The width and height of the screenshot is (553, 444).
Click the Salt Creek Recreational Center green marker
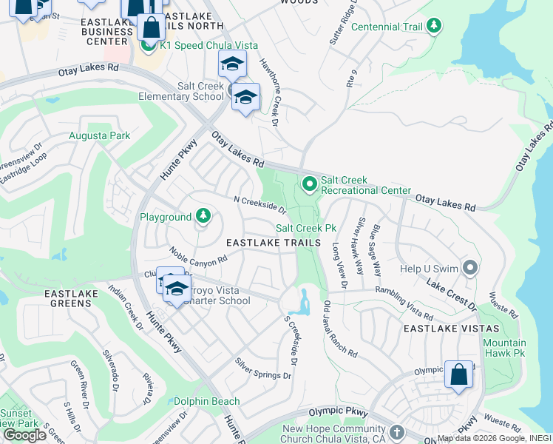[309, 183]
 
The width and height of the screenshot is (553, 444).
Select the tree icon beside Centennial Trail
[434, 27]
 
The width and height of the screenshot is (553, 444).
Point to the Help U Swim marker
[469, 267]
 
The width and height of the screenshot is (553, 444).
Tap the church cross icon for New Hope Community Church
[397, 431]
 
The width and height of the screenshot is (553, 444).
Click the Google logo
[24, 435]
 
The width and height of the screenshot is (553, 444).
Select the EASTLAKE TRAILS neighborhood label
[274, 243]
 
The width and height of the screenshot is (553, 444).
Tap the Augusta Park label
[99, 135]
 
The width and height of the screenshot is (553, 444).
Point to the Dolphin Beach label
[207, 401]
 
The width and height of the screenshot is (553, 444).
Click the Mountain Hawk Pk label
[504, 348]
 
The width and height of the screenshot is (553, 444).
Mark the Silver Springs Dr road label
[265, 369]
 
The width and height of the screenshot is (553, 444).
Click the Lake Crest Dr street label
[451, 292]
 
